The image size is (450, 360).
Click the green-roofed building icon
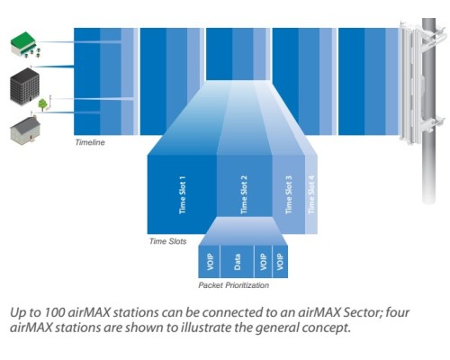[x=25, y=45]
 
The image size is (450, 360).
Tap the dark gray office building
[x=24, y=85]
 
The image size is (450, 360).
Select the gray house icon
[x=25, y=130]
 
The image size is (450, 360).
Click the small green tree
[x=42, y=104]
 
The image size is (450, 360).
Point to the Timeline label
[x=90, y=142]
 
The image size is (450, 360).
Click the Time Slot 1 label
[x=183, y=195]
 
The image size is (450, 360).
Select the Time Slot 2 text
[x=244, y=195]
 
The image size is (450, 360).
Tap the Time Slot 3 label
[x=289, y=195]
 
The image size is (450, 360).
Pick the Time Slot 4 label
[x=311, y=195]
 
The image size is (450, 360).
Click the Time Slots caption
[x=167, y=241]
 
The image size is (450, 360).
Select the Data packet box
[x=237, y=262]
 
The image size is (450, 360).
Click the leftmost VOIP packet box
[x=210, y=262]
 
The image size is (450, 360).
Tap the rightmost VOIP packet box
[x=280, y=262]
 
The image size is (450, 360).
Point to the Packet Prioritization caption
[x=233, y=285]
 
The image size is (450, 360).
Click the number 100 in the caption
[x=54, y=312]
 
